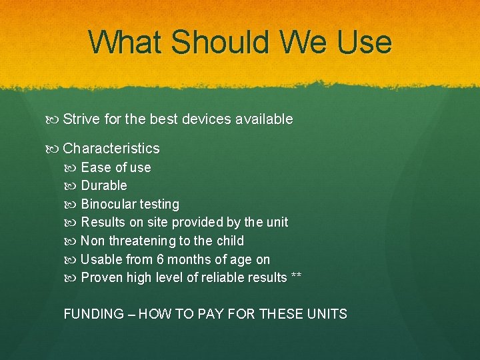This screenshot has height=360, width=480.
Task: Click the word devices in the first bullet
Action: [205, 119]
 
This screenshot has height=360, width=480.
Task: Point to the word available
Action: [263, 119]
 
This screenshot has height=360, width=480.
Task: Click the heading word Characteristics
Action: [111, 149]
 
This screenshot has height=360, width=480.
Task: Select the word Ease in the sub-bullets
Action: [96, 167]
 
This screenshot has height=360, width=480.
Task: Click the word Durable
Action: [104, 185]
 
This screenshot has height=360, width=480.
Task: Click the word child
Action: [230, 241]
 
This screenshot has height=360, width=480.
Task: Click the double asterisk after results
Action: [296, 277]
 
